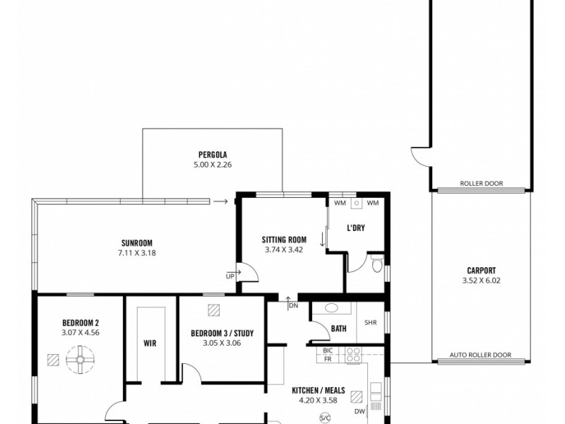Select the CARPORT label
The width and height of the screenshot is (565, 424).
(x=481, y=270)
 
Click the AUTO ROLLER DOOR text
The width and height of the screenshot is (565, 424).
(x=480, y=355)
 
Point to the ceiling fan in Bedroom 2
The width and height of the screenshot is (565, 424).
(x=80, y=360)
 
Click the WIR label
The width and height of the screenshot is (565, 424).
(x=149, y=343)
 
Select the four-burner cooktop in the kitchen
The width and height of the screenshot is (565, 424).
(x=352, y=355)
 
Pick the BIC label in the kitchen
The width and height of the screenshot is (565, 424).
(x=327, y=351)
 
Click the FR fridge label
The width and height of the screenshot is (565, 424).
(x=327, y=359)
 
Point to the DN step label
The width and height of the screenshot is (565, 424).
(x=293, y=306)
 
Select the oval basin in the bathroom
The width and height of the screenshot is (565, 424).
(x=329, y=308)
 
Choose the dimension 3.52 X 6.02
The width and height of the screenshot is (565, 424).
(x=481, y=280)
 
